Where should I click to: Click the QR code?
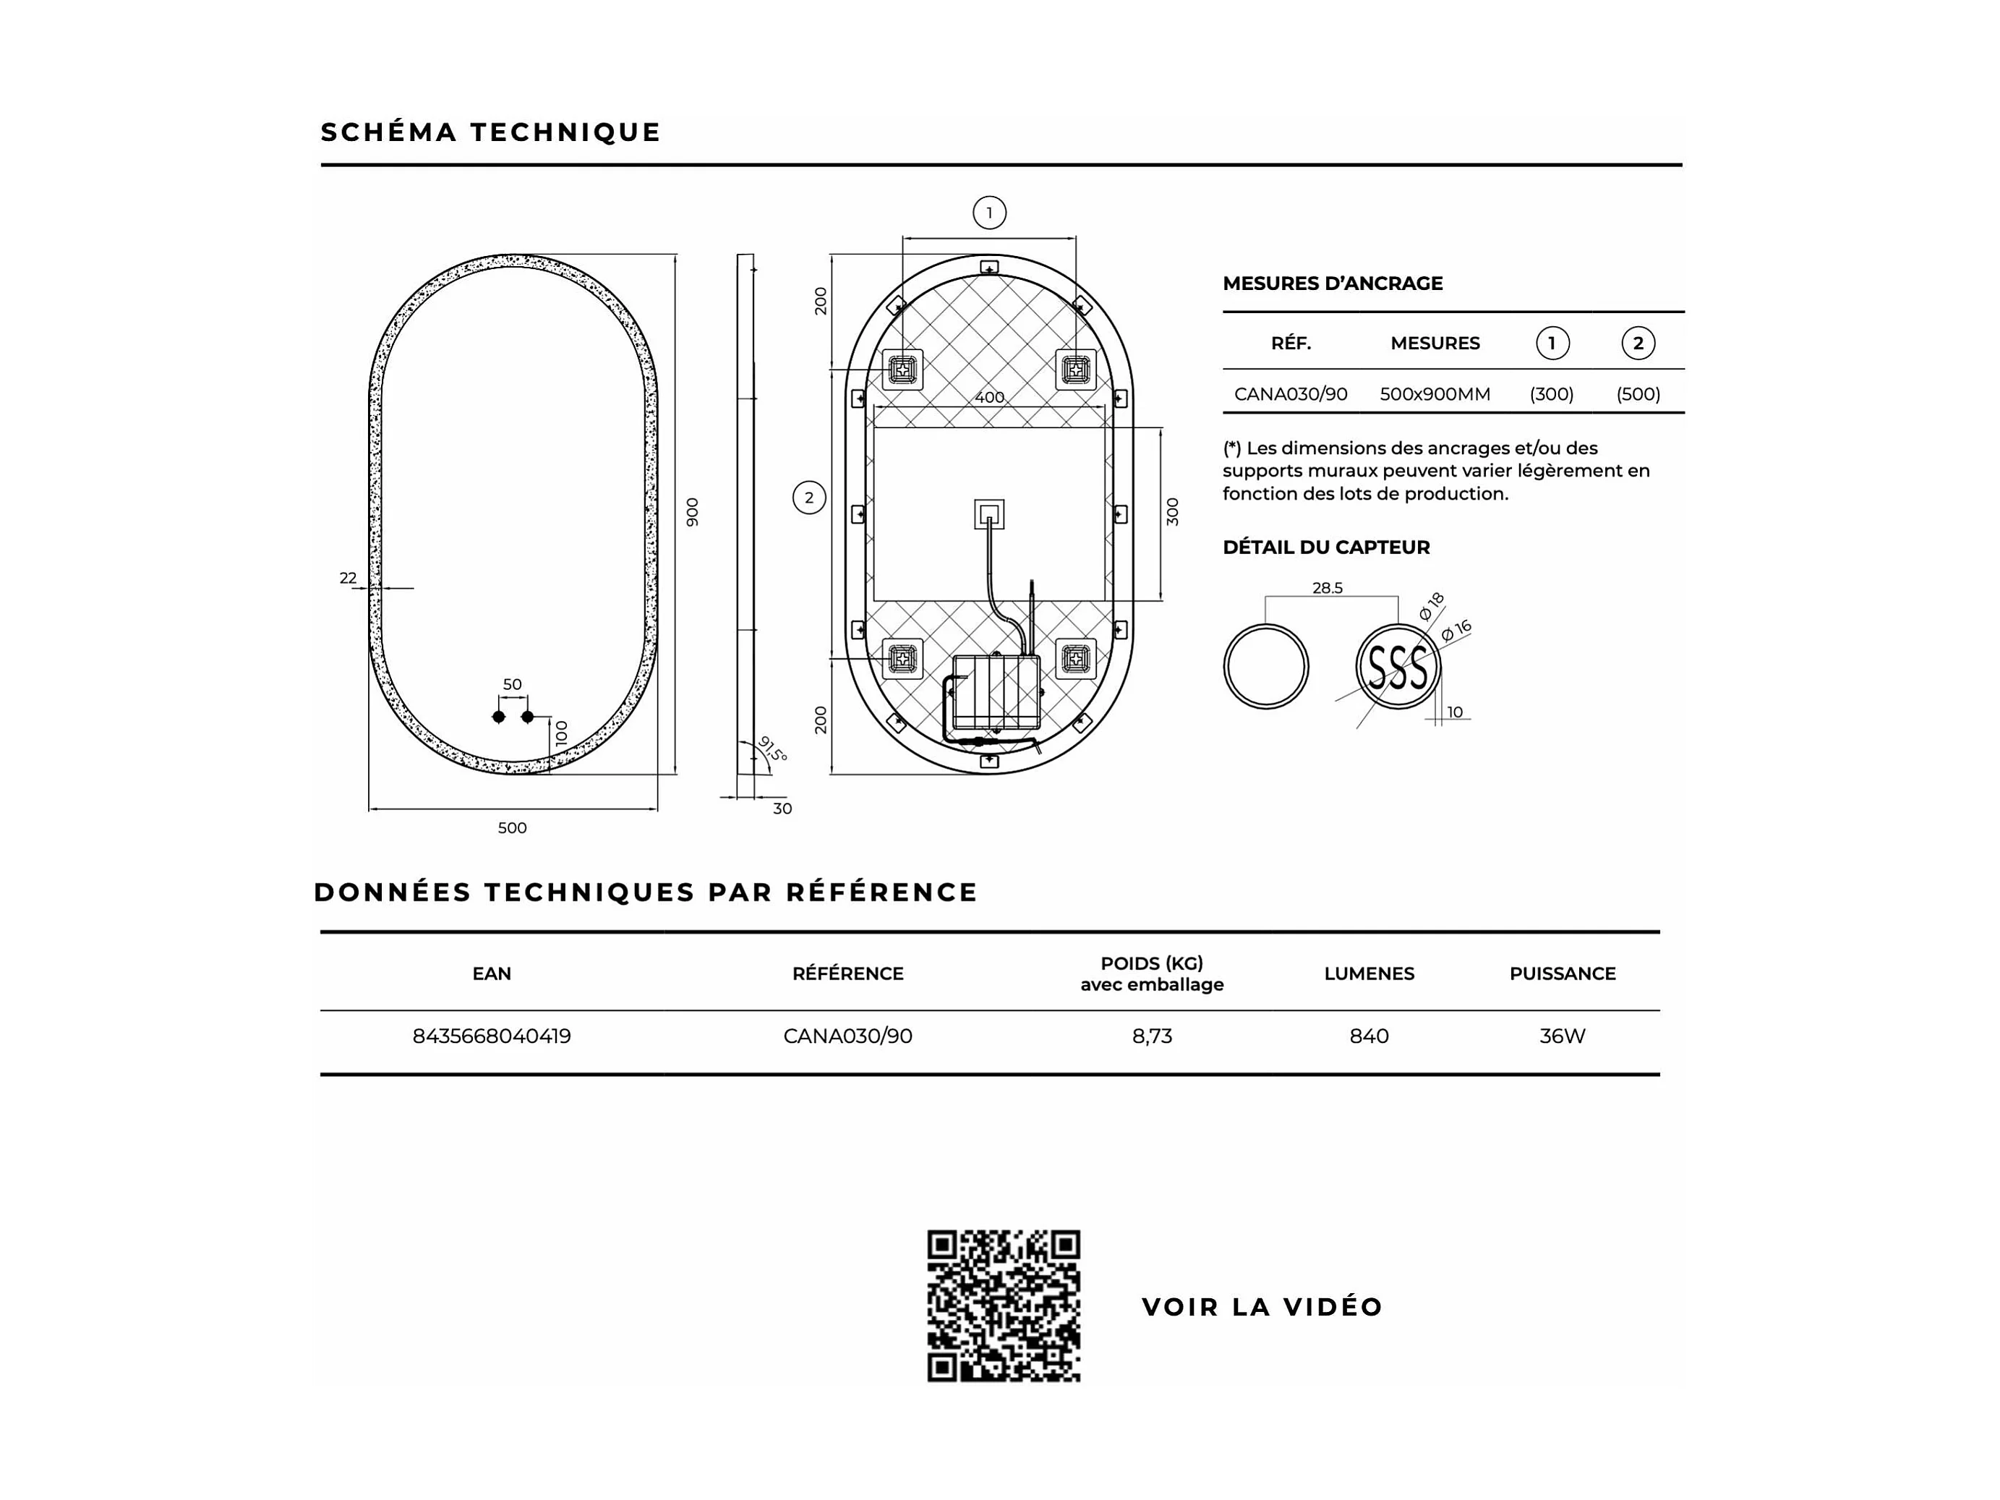tap(1003, 1305)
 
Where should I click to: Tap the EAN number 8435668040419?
tap(491, 1036)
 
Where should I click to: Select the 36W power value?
tap(1562, 1036)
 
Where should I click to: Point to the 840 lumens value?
tap(1368, 1036)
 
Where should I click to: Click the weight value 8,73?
tap(1151, 1036)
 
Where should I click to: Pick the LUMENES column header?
tap(1368, 973)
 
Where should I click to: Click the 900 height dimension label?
tap(693, 512)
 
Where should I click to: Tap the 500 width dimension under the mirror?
tap(512, 827)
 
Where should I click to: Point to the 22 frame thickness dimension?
tap(348, 578)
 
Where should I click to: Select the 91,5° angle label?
tap(772, 749)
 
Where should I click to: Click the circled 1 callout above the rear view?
tap(989, 213)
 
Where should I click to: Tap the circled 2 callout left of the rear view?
tap(808, 498)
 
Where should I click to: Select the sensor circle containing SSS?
tap(1397, 668)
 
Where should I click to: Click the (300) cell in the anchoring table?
tap(1551, 394)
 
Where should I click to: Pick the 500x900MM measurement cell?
tap(1434, 394)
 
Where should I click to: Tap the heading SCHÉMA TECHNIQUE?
tap(490, 132)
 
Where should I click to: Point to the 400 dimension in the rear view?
tap(989, 397)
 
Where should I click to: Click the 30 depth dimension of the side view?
tap(782, 809)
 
